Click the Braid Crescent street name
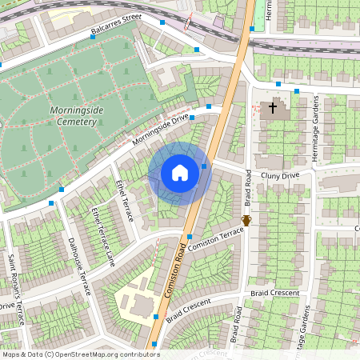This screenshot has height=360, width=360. pos(189,308)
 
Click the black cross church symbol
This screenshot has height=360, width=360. pos(272,106)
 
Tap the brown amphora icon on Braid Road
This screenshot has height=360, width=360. pos(246,220)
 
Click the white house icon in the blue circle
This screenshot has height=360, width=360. pos(180,173)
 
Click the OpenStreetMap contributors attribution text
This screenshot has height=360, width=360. pos(81,354)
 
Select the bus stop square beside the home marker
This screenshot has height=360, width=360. pos(204,166)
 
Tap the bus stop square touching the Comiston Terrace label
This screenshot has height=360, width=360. pos(189,236)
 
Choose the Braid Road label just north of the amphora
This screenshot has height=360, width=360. pos(249,188)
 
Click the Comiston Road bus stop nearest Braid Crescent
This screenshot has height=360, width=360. pos(155,318)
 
